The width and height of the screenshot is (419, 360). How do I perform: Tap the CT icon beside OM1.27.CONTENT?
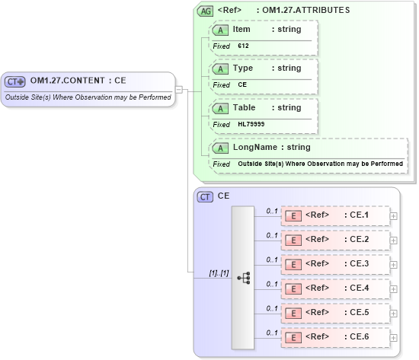[15, 81]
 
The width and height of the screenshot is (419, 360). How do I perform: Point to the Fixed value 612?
[244, 46]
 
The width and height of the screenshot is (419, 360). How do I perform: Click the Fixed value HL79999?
[251, 124]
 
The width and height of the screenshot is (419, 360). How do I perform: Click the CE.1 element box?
[335, 215]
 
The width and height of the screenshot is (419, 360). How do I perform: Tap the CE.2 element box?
[335, 240]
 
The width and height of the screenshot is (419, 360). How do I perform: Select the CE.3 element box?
[335, 264]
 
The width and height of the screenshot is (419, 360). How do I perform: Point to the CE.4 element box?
[335, 288]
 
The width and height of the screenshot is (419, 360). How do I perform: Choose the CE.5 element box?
[335, 313]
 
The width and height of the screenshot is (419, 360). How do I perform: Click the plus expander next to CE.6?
[393, 337]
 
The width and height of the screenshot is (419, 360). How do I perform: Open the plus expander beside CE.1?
[393, 215]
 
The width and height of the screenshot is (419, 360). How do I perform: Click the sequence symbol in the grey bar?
[243, 278]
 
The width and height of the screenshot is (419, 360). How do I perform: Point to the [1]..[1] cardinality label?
[219, 272]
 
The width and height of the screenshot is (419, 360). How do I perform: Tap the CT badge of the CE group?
[205, 196]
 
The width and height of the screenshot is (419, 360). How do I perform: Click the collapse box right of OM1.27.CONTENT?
[179, 89]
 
